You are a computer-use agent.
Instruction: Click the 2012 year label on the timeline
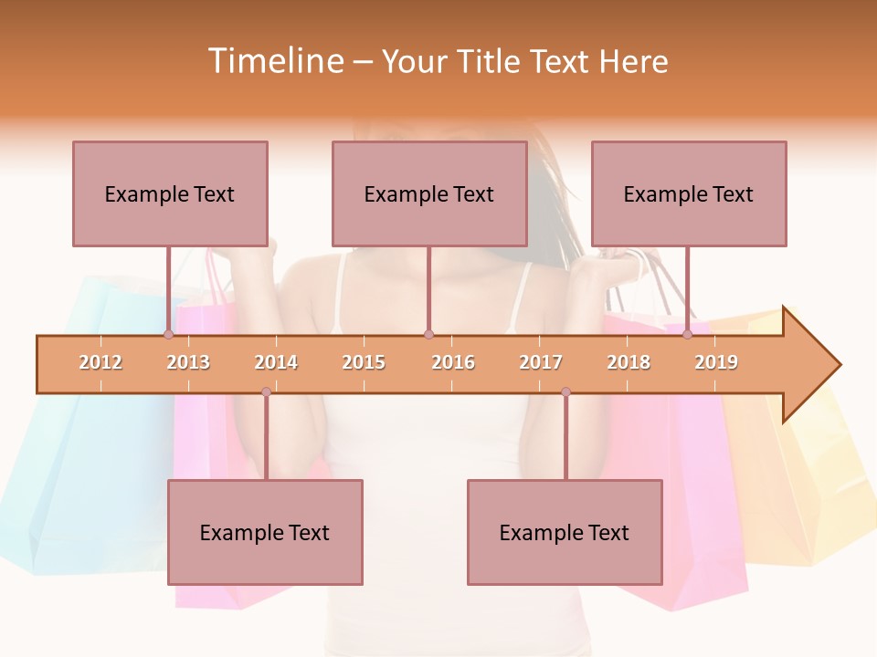coord(100,362)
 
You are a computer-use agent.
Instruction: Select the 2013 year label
coord(188,362)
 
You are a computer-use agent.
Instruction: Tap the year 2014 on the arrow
coord(276,362)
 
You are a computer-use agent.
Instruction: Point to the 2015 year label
coord(364,362)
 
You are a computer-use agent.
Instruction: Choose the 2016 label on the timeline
coord(453,362)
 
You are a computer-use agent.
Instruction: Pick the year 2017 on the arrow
coord(541,362)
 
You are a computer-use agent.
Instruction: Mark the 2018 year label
coord(629,362)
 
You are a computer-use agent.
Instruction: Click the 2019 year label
coord(716,362)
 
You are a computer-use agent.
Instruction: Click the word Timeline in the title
coord(274,61)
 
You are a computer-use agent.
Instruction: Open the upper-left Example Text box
coord(170,193)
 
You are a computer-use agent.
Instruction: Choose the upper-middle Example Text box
coord(429,193)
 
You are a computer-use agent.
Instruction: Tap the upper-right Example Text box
coord(689,193)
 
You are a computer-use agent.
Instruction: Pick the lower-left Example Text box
coord(265,532)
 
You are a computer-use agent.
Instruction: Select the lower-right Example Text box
coord(565,532)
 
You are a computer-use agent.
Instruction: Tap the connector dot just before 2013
coord(168,335)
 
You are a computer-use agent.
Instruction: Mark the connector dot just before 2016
coord(428,335)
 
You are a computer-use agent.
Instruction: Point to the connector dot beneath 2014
coord(266,392)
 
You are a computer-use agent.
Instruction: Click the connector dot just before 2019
coord(687,335)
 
